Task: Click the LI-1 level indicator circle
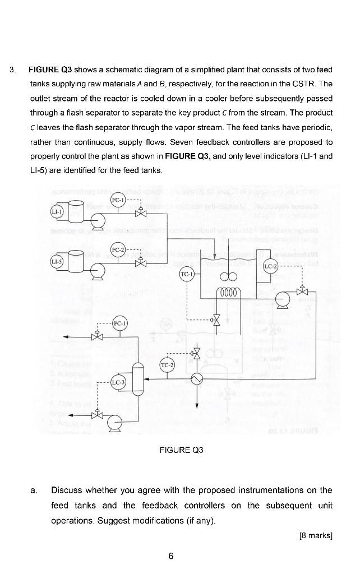click(56, 211)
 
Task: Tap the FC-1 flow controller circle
click(118, 200)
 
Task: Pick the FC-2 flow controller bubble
click(118, 249)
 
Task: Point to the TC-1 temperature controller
click(186, 274)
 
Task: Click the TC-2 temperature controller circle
click(168, 365)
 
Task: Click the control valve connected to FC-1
click(140, 214)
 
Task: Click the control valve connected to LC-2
click(302, 291)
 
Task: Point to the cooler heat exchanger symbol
click(197, 379)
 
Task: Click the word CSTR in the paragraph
click(309, 84)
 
